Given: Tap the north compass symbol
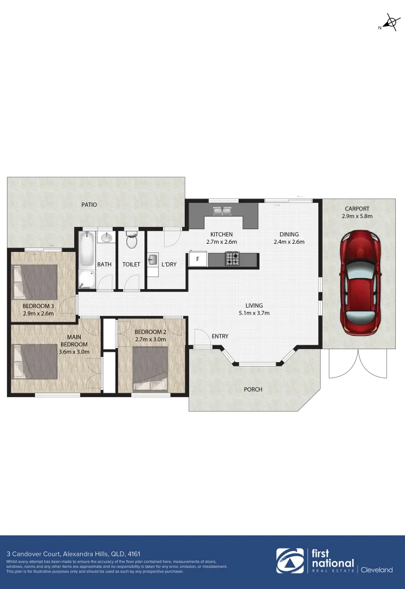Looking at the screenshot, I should [391, 23].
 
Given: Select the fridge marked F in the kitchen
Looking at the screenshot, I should [197, 259].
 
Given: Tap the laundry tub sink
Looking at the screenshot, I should [153, 259].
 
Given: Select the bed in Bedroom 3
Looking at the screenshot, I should [35, 282].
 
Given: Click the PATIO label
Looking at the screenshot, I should [89, 205].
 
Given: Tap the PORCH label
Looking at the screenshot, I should [253, 389].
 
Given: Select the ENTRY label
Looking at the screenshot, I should [220, 336].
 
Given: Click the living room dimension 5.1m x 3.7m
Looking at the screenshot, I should [254, 313].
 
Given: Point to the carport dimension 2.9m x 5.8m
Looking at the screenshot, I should [356, 216].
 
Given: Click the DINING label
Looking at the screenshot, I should [289, 235].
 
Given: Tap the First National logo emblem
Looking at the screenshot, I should [290, 562].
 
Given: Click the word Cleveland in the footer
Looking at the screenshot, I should [377, 570].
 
